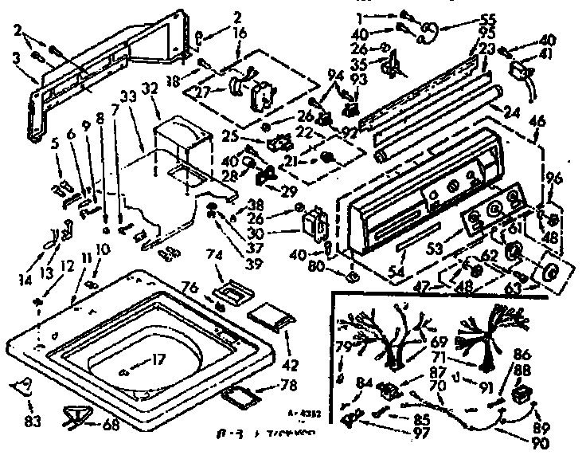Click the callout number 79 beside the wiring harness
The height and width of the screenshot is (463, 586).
[344, 347]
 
